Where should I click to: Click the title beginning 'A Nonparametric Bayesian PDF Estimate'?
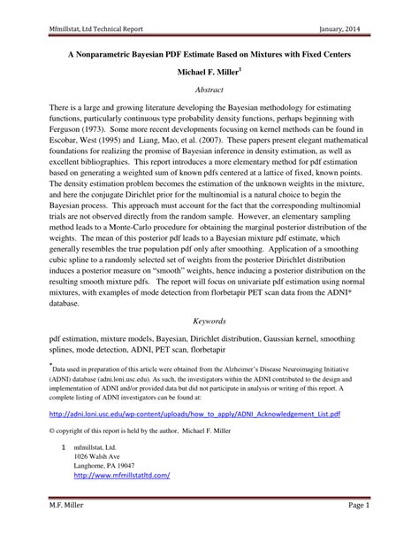click(209, 55)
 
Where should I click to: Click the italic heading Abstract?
click(209, 90)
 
